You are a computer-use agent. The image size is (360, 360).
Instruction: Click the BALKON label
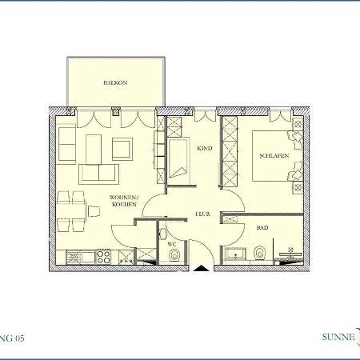(x=115, y=82)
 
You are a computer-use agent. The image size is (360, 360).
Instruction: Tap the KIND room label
(x=205, y=148)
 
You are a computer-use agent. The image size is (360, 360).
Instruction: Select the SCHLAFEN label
(x=274, y=155)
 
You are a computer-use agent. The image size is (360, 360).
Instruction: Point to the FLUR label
(x=203, y=214)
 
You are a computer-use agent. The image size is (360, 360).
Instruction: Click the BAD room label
(x=262, y=228)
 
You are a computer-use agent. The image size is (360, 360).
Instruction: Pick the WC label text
(x=172, y=244)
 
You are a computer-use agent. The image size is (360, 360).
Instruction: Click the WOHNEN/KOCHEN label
(x=124, y=201)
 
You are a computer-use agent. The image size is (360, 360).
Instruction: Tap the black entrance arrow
(x=202, y=268)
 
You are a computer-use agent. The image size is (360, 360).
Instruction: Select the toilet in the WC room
(x=174, y=255)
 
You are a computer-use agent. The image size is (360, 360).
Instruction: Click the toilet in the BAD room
(x=259, y=253)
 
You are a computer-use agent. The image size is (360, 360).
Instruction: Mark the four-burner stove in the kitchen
(x=103, y=257)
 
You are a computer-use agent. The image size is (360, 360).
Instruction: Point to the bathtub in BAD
(x=236, y=254)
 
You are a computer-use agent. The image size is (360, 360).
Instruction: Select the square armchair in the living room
(x=122, y=149)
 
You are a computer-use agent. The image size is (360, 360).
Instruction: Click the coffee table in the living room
(x=94, y=149)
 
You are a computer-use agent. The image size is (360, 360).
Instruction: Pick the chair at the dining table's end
(x=94, y=211)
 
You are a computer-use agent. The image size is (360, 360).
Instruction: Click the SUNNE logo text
(x=338, y=337)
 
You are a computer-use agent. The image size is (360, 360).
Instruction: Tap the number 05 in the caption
(x=20, y=338)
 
